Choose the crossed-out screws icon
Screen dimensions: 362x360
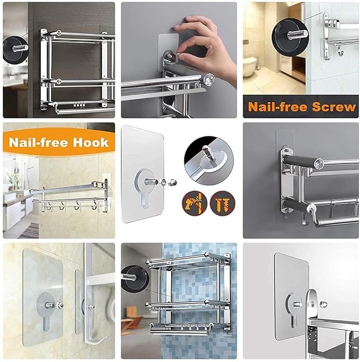point(222,203)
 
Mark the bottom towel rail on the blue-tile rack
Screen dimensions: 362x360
point(183,329)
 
